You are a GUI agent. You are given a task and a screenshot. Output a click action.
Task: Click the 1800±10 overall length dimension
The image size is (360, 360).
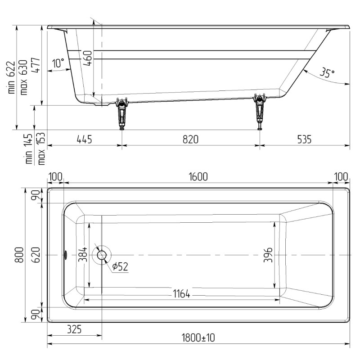pos(198,338)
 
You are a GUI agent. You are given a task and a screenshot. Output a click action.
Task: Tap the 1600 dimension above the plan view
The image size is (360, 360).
pos(198,177)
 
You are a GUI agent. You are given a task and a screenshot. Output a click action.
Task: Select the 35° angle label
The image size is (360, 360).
pos(327,72)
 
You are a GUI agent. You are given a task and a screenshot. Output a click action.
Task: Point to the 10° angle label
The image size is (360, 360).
pos(58,63)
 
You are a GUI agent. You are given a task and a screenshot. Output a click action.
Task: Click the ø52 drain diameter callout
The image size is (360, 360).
pos(120,266)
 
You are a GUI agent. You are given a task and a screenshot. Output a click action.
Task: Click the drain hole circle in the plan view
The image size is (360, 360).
pos(102,255)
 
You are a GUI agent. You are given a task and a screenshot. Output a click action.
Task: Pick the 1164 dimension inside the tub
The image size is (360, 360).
pos(181,294)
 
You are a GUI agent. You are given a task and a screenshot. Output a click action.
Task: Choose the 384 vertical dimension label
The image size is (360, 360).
pos(83,254)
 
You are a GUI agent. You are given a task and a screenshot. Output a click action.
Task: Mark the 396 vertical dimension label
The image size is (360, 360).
pos(268,255)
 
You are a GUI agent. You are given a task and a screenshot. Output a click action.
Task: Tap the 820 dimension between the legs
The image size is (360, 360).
pos(190,139)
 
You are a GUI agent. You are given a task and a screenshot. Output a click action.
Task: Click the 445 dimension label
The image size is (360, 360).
pos(84,139)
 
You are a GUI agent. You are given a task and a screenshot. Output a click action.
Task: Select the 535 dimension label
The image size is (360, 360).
pos(304,139)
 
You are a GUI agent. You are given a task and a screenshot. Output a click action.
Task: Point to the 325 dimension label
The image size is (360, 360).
pos(74,329)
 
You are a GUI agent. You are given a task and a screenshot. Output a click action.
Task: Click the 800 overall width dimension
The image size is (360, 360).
pos(19,255)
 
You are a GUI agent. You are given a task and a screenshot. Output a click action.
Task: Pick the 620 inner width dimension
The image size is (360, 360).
pos(36,255)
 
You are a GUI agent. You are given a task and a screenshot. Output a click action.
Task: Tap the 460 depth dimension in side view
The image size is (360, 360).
pos(88,58)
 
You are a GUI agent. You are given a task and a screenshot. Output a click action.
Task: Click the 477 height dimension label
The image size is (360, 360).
pos(36,66)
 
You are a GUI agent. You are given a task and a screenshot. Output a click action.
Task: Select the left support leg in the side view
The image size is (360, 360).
pos(121,113)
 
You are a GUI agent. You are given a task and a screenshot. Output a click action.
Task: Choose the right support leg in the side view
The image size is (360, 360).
pos(260,112)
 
